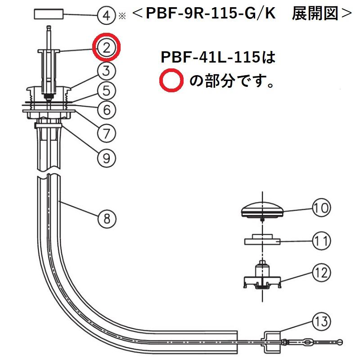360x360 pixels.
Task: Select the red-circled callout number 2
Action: click(x=107, y=48)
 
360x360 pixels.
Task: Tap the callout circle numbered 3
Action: click(x=107, y=70)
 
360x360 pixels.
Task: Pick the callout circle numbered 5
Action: click(x=107, y=90)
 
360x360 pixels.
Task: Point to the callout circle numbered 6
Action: click(x=107, y=109)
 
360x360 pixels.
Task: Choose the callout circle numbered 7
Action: click(x=107, y=133)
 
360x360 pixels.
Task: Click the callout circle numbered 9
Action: click(x=107, y=157)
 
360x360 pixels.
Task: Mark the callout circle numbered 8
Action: click(x=107, y=219)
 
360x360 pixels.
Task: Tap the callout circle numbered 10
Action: click(x=321, y=208)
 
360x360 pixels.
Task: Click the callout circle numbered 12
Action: click(x=321, y=272)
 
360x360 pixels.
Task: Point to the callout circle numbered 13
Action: click(x=321, y=322)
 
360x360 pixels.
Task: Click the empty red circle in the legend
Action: click(x=171, y=81)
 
